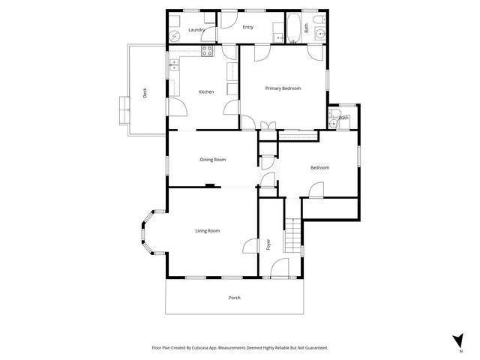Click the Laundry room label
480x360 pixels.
tap(196, 30)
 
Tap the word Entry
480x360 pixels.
tap(247, 27)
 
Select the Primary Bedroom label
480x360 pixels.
tap(283, 88)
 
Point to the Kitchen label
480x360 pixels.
tap(206, 91)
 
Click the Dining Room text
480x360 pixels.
tap(213, 159)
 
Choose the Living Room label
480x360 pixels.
tap(208, 231)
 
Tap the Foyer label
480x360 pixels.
tap(268, 244)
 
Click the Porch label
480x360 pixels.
tap(235, 298)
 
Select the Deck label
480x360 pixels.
tap(145, 93)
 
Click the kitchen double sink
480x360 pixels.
tap(174, 66)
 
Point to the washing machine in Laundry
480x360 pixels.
tap(173, 35)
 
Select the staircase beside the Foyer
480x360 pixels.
tap(292, 235)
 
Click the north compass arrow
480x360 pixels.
tap(458, 340)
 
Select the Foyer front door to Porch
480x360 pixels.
tap(279, 268)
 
